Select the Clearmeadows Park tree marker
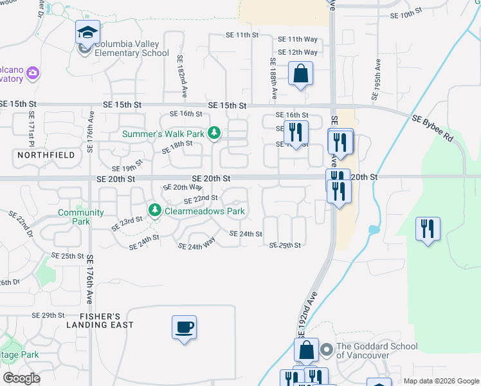[155, 210]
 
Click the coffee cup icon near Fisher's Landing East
[184, 327]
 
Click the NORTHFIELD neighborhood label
[46, 155]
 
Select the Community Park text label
[81, 217]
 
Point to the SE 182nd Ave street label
[182, 76]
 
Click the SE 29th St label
[49, 315]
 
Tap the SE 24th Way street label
[197, 246]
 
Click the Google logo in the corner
[21, 378]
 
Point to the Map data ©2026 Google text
[441, 381]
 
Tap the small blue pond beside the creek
[374, 229]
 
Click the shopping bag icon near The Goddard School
[307, 351]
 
